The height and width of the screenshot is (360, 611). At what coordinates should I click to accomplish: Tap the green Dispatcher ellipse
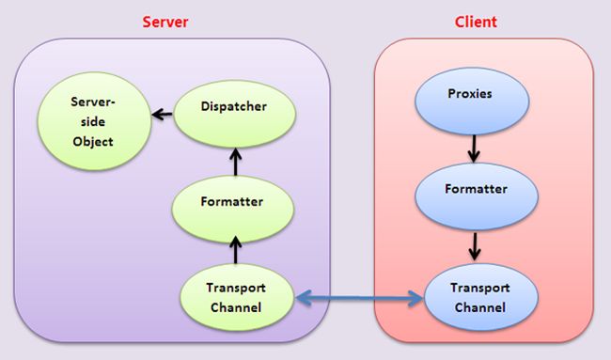point(234,107)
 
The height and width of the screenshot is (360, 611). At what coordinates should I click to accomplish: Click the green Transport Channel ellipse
point(236,299)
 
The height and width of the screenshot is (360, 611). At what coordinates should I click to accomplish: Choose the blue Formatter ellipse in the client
point(477,189)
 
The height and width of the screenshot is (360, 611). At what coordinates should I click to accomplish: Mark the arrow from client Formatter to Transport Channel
point(477,243)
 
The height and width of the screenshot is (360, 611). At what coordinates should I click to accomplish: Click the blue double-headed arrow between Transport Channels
point(358,300)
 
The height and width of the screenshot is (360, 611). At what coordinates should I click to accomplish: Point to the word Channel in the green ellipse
point(236,308)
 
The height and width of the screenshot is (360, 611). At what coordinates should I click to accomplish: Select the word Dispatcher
point(234,107)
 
